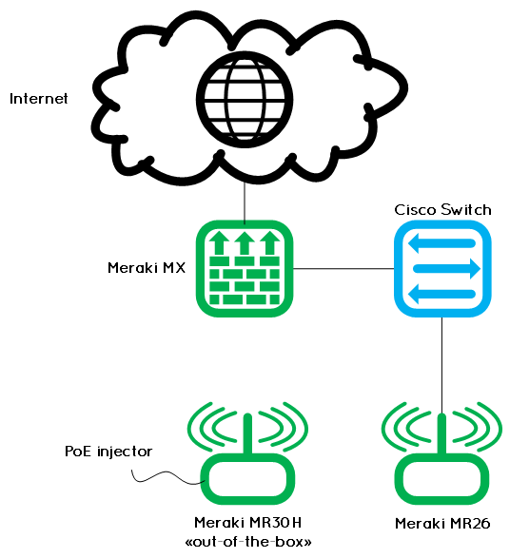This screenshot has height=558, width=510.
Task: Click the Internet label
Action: click(38, 99)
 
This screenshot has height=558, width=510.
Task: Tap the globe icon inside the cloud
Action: click(245, 99)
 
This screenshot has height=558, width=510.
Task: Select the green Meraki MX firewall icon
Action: click(245, 269)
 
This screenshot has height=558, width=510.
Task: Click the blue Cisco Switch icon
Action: click(442, 269)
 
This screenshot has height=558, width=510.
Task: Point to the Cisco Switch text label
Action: click(442, 209)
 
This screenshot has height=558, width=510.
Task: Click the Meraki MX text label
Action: click(147, 268)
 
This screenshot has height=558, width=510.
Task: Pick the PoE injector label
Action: click(108, 452)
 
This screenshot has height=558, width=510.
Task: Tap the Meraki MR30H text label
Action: click(248, 523)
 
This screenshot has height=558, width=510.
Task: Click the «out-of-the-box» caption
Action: click(248, 542)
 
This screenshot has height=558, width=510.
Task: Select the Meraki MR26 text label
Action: click(442, 524)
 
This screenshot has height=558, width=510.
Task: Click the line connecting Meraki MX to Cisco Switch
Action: click(343, 269)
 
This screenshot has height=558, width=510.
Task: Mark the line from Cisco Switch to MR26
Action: click(442, 366)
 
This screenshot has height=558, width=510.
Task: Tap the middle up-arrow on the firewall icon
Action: click(245, 243)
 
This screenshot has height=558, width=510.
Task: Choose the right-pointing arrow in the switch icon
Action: click(446, 269)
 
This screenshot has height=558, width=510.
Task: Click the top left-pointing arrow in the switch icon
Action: click(441, 243)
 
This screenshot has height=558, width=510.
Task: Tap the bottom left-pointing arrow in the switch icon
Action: click(441, 295)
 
